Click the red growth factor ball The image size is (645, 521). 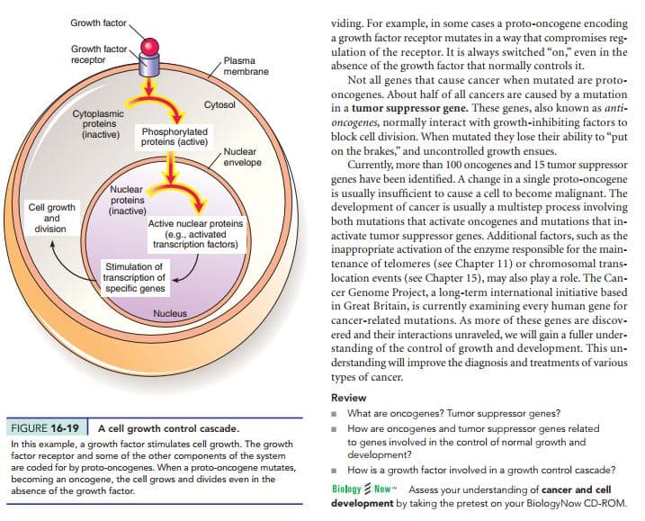click(x=149, y=47)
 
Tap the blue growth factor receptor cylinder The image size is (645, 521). click(x=149, y=66)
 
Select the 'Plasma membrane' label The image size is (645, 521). click(x=246, y=66)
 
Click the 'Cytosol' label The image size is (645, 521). click(x=219, y=104)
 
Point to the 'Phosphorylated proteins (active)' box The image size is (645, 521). click(x=175, y=137)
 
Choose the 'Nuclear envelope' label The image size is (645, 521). click(x=242, y=157)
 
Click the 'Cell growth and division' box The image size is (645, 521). click(x=51, y=218)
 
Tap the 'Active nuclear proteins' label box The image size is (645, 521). click(x=195, y=234)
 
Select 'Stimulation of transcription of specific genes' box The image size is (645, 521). click(x=135, y=278)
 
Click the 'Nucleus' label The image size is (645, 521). click(x=170, y=313)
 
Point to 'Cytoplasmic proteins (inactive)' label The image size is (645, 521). click(x=99, y=124)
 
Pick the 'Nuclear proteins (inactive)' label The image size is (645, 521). click(x=127, y=201)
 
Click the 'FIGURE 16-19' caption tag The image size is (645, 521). click(x=45, y=428)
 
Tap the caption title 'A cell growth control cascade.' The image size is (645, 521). click(x=168, y=428)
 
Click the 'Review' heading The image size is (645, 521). click(x=348, y=398)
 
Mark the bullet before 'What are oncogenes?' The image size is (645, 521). click(x=335, y=414)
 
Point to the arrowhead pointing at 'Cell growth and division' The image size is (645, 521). click(x=52, y=244)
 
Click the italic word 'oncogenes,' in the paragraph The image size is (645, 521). click(x=354, y=122)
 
